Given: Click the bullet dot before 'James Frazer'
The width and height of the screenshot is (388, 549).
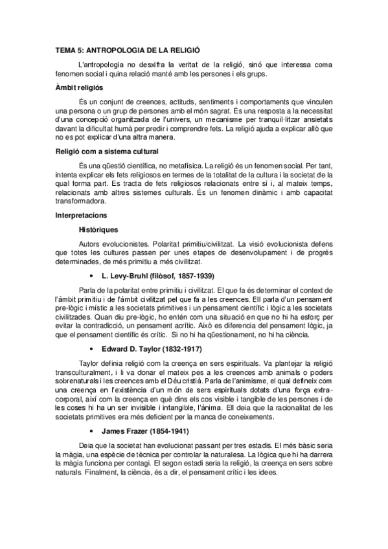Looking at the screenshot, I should pyautogui.click(x=96, y=431).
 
